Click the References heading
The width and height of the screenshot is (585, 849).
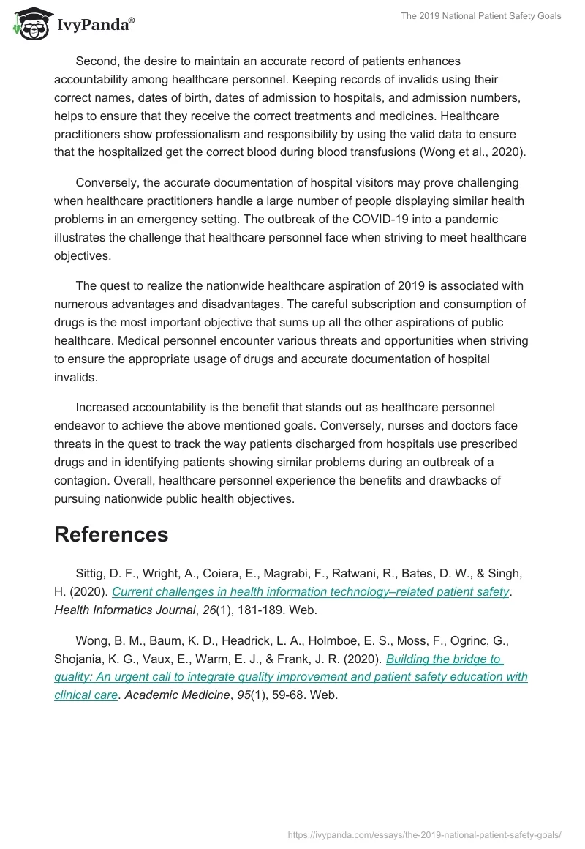(111, 534)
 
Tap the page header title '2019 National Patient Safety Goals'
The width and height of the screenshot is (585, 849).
(480, 16)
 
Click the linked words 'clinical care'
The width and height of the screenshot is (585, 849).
(86, 695)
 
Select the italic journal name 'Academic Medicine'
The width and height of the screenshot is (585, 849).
(177, 695)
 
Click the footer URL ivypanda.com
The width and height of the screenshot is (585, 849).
(425, 834)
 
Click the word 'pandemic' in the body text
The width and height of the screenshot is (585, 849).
(476, 218)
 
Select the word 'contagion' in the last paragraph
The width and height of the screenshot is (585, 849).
(86, 480)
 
